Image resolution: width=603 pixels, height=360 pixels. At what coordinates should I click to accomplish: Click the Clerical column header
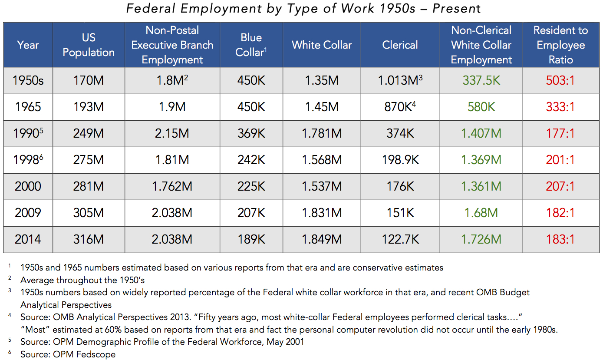coord(400,45)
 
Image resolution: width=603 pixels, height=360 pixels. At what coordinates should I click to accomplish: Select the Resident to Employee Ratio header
coord(560,45)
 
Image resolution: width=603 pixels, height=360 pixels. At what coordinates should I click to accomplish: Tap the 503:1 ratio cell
coord(560,80)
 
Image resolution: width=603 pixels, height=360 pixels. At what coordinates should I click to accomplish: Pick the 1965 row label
coord(28,107)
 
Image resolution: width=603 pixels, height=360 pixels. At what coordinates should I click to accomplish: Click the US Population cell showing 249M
coord(89,133)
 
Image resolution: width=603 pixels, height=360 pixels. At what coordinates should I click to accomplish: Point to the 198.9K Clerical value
coord(400,160)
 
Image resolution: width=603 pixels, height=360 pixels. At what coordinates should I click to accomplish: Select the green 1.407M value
coord(481,133)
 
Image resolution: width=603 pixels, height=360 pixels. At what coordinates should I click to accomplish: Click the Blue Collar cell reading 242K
coord(251,160)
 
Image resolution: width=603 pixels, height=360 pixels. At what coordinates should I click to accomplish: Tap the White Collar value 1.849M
coord(322,239)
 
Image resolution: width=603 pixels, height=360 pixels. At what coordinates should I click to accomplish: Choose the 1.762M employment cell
coord(172,186)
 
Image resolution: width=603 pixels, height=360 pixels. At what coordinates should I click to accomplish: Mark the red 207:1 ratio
coord(560,186)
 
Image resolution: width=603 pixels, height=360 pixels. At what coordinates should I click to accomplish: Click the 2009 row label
coord(28,213)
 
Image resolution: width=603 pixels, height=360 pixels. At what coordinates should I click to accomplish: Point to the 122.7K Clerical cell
coord(400,239)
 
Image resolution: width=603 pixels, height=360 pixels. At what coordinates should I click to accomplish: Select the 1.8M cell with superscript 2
coord(172,80)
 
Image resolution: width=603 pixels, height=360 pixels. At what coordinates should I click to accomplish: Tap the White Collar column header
coord(322,45)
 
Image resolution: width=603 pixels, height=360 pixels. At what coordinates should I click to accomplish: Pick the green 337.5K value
coord(481,80)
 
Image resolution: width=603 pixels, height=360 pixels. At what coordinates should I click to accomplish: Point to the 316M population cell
coord(89,239)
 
